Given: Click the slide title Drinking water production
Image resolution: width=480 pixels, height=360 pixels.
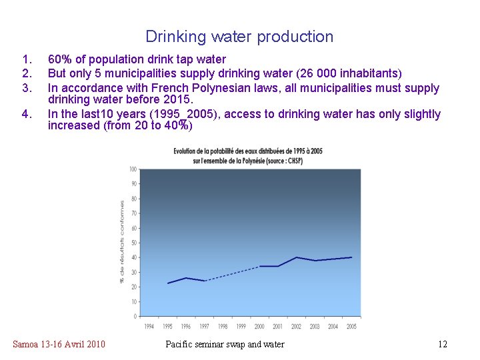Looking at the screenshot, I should click(x=239, y=37).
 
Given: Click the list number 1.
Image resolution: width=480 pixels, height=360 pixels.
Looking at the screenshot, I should click(x=27, y=59).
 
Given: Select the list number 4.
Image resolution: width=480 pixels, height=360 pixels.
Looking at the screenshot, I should click(x=27, y=114).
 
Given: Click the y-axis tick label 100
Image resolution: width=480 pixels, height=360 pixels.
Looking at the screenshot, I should click(x=133, y=169).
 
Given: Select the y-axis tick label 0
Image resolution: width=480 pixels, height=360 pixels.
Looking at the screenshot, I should click(x=135, y=316).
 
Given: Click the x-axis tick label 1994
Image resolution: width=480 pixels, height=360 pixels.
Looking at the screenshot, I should click(x=149, y=327).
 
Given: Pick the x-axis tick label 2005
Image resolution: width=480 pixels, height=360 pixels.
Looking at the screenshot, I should click(x=352, y=327).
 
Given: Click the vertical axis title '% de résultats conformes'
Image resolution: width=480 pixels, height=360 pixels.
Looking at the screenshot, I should click(x=123, y=241).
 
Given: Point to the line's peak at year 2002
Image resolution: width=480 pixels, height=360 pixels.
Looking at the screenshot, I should click(x=297, y=257).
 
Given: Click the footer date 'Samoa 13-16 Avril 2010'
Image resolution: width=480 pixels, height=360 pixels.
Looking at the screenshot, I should click(x=59, y=344).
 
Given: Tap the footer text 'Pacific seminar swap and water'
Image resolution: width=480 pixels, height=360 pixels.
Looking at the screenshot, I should click(x=225, y=344).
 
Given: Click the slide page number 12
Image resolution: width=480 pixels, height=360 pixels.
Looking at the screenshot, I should click(x=442, y=344).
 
